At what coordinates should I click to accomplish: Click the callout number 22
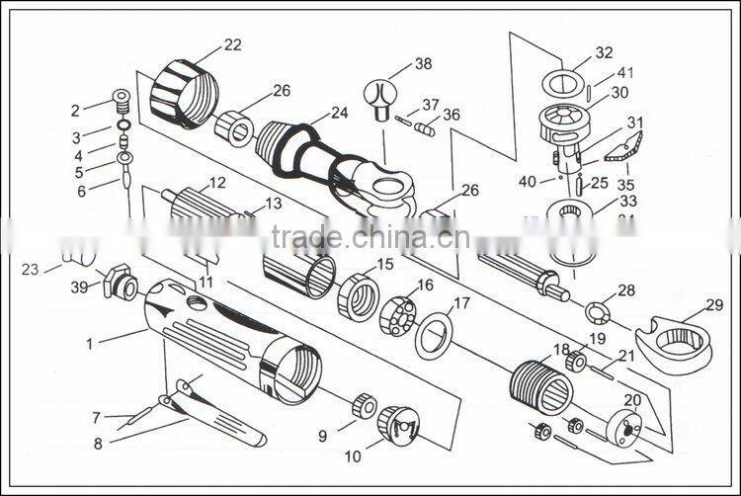232,45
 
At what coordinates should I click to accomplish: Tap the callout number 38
423,64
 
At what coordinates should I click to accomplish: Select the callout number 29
713,305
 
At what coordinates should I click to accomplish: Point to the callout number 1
90,344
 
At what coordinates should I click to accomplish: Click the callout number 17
461,303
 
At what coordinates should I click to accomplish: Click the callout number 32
604,52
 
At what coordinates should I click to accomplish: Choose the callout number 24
339,114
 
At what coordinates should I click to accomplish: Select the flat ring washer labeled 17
434,334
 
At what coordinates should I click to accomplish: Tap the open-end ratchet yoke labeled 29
675,342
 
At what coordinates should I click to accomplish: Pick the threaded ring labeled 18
541,386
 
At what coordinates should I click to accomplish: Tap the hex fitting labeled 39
119,283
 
